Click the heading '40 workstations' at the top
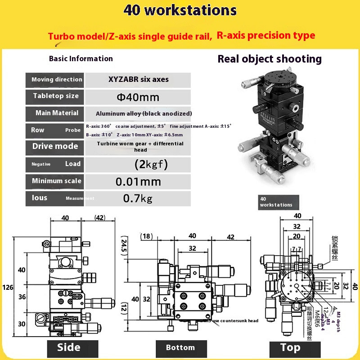pos(180,10)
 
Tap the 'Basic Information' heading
pos(81,58)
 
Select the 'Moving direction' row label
pos(57,80)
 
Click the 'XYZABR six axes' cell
pos(139,80)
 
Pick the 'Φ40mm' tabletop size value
pos(139,96)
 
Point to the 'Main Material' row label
pos(57,113)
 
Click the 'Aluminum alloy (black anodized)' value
pos(144,113)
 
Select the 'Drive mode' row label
pos(55,146)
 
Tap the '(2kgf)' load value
pos(151,164)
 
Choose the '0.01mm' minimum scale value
pos(138,181)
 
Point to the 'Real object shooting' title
pos(270,59)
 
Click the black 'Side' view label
pos(69,347)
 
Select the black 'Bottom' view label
pos(180,347)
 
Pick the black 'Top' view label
pos(290,347)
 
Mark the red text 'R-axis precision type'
pos(265,35)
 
